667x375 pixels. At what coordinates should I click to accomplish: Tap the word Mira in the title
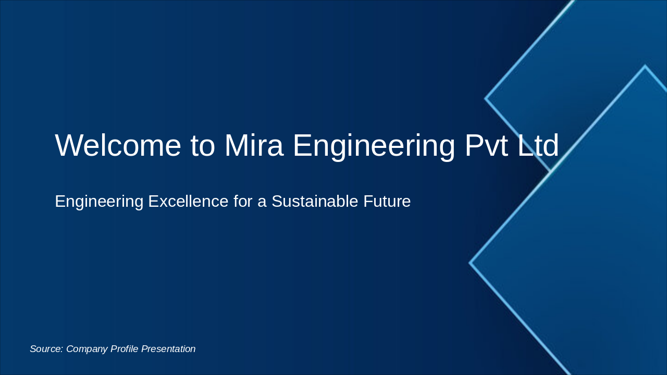tap(254, 145)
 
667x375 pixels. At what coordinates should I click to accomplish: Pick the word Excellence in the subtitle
tap(188, 202)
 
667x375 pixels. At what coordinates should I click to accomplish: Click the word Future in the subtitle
tap(387, 202)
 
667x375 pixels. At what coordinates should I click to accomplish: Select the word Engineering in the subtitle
tap(98, 202)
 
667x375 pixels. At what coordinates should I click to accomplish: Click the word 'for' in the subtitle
tap(242, 202)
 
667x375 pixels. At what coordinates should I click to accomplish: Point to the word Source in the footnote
tap(46, 349)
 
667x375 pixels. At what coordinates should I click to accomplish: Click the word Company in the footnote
tap(87, 349)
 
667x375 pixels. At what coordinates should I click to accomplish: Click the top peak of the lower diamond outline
tap(645, 66)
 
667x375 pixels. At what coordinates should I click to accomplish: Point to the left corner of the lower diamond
tap(470, 263)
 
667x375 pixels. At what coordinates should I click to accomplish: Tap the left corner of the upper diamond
tap(486, 98)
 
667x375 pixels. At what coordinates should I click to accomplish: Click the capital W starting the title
tap(69, 145)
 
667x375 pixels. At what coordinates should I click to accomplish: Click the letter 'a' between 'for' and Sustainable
tap(261, 202)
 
